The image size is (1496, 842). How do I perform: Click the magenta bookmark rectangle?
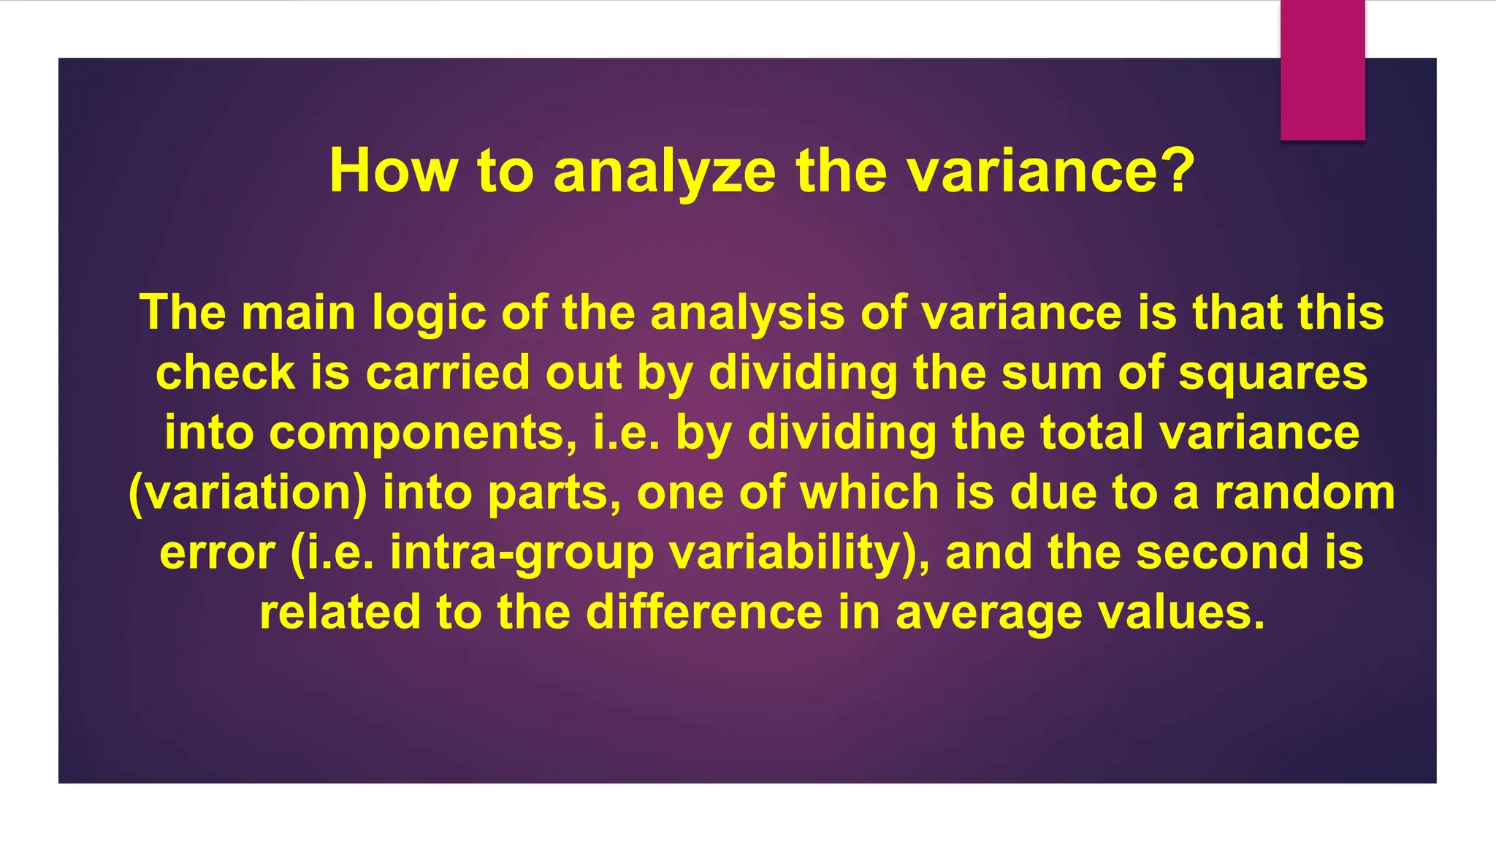[x=1322, y=70]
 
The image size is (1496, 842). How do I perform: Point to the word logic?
[x=429, y=313]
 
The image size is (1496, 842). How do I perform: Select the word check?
[x=225, y=372]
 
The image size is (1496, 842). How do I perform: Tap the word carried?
[x=447, y=372]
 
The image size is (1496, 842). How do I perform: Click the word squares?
[x=1272, y=373]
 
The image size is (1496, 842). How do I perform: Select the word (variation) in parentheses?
[x=248, y=493]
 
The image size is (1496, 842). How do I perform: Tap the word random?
[x=1305, y=492]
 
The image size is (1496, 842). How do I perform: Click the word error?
[x=217, y=552]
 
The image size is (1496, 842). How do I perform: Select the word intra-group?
[x=522, y=553]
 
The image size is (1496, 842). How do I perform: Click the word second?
[x=1223, y=552]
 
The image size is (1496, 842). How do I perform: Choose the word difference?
[x=704, y=612]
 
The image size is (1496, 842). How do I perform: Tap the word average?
[x=988, y=612]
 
